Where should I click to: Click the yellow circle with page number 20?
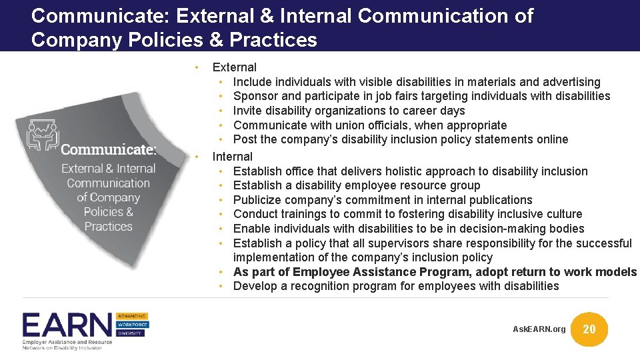coord(590,329)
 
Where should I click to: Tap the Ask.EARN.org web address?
coord(539,329)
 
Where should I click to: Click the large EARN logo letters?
coord(67,325)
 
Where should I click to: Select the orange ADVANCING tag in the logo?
coord(132,315)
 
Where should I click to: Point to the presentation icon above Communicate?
coord(42,133)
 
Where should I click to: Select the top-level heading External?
coord(234,67)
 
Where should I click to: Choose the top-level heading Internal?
coord(232,157)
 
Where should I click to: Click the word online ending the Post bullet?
coord(550,139)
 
